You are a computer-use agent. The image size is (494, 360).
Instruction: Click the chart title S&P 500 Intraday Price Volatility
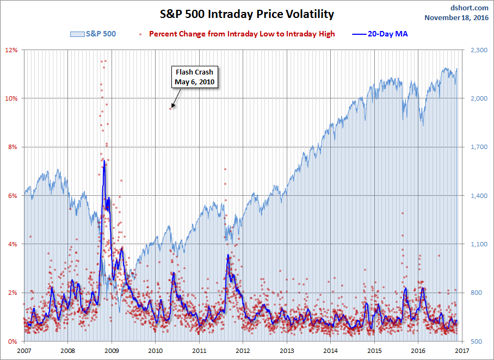pos(246,14)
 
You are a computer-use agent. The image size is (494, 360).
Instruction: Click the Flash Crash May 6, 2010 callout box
pos(194,77)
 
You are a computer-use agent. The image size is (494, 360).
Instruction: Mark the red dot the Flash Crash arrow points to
pos(171,108)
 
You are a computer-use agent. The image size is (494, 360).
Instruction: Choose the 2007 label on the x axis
pos(24,351)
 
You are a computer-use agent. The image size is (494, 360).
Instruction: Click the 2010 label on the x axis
pos(155,351)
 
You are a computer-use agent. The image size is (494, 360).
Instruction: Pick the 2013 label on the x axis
pos(287,351)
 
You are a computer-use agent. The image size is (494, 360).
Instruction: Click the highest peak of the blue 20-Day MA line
pos(103,161)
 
